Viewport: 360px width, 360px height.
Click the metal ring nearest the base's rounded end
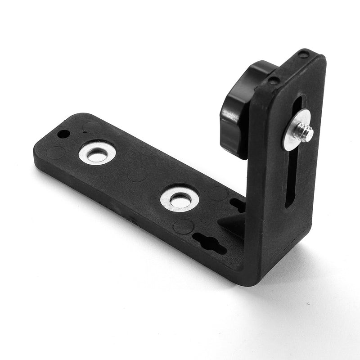click(97, 153)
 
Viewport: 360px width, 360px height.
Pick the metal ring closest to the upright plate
click(180, 199)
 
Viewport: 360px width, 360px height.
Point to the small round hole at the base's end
click(64, 134)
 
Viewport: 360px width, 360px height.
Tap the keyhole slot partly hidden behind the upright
click(238, 205)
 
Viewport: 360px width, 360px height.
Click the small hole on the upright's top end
click(304, 55)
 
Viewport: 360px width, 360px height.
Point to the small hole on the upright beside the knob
click(273, 81)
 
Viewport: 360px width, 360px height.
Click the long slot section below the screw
click(292, 180)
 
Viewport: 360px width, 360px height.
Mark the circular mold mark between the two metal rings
click(137, 174)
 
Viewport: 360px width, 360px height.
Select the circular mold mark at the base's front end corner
click(56, 153)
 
